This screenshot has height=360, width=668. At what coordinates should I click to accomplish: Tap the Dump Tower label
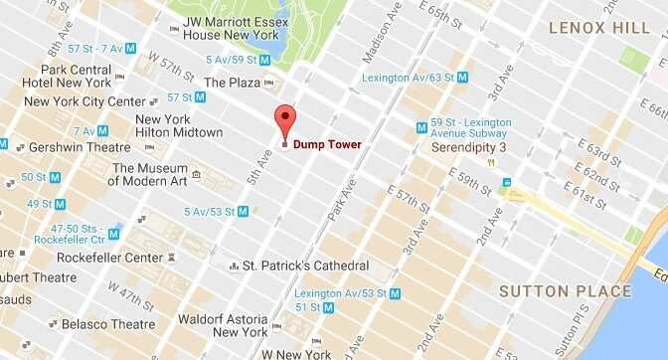coord(327,145)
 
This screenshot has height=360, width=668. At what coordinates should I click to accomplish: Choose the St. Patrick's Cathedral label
coord(306,266)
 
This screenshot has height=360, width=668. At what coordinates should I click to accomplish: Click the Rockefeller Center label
coord(109,257)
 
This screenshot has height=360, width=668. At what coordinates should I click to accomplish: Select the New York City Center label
coord(84,101)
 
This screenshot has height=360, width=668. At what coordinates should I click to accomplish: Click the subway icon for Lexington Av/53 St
coord(396,293)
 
